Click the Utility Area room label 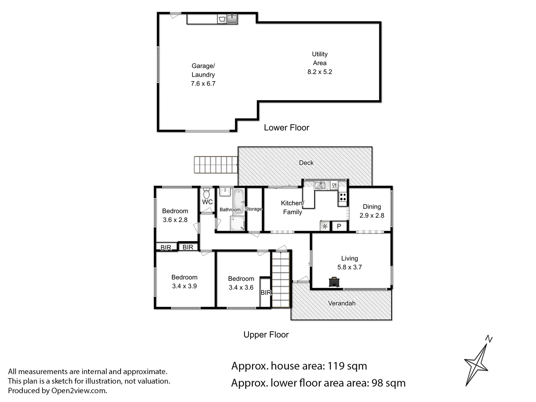pos(319,58)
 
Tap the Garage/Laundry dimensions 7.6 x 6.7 pos(203,84)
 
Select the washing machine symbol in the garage pos(222,19)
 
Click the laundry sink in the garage pos(232,19)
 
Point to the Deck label pos(306,163)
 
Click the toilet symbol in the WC pos(207,194)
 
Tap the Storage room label pos(253,209)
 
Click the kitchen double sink pos(320,185)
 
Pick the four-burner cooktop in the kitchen pos(342,197)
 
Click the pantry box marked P pos(339,226)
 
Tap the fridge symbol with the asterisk pos(325,226)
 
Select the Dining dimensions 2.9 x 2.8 pos(371,216)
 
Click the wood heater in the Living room pos(334,282)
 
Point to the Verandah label pos(341,303)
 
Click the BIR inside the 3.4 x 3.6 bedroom pos(265,293)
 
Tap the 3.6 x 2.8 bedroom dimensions pos(175,220)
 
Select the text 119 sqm pos(347,366)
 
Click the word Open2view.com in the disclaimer pos(79,391)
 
